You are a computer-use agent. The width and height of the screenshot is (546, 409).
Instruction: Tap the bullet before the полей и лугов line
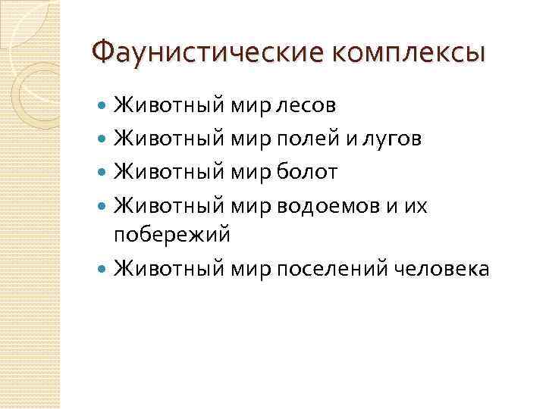click(104, 138)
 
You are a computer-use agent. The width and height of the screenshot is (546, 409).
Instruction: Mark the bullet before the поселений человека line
click(104, 268)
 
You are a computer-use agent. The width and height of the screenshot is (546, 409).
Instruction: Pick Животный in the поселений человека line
click(169, 268)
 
